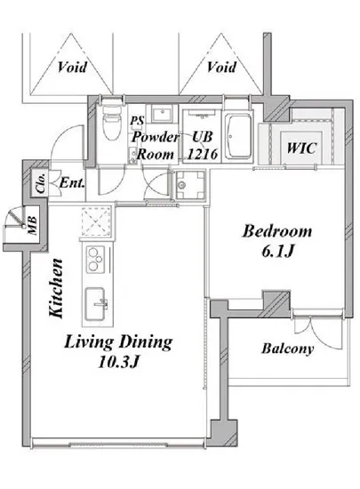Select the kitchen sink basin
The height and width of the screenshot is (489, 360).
(x=95, y=304)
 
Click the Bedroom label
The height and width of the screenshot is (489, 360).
(x=277, y=231)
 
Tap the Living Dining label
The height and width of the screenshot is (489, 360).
(x=118, y=342)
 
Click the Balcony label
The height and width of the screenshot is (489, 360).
(x=287, y=349)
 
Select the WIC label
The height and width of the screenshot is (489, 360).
(x=301, y=148)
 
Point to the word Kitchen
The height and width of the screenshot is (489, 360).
(x=56, y=288)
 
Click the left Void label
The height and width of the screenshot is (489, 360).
(x=72, y=67)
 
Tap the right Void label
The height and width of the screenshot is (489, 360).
(x=221, y=67)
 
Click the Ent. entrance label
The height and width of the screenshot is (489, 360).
(x=72, y=183)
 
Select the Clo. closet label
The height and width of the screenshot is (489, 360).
(x=41, y=183)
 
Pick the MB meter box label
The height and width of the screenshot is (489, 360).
(x=32, y=225)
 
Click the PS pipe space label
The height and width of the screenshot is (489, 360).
(x=137, y=120)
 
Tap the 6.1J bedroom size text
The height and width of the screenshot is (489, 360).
(x=277, y=252)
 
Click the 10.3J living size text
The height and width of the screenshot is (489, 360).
(x=118, y=362)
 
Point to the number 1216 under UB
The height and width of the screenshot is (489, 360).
(x=202, y=154)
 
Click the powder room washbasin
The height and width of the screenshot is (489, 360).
(x=162, y=114)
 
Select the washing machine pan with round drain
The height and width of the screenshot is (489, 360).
(x=190, y=185)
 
